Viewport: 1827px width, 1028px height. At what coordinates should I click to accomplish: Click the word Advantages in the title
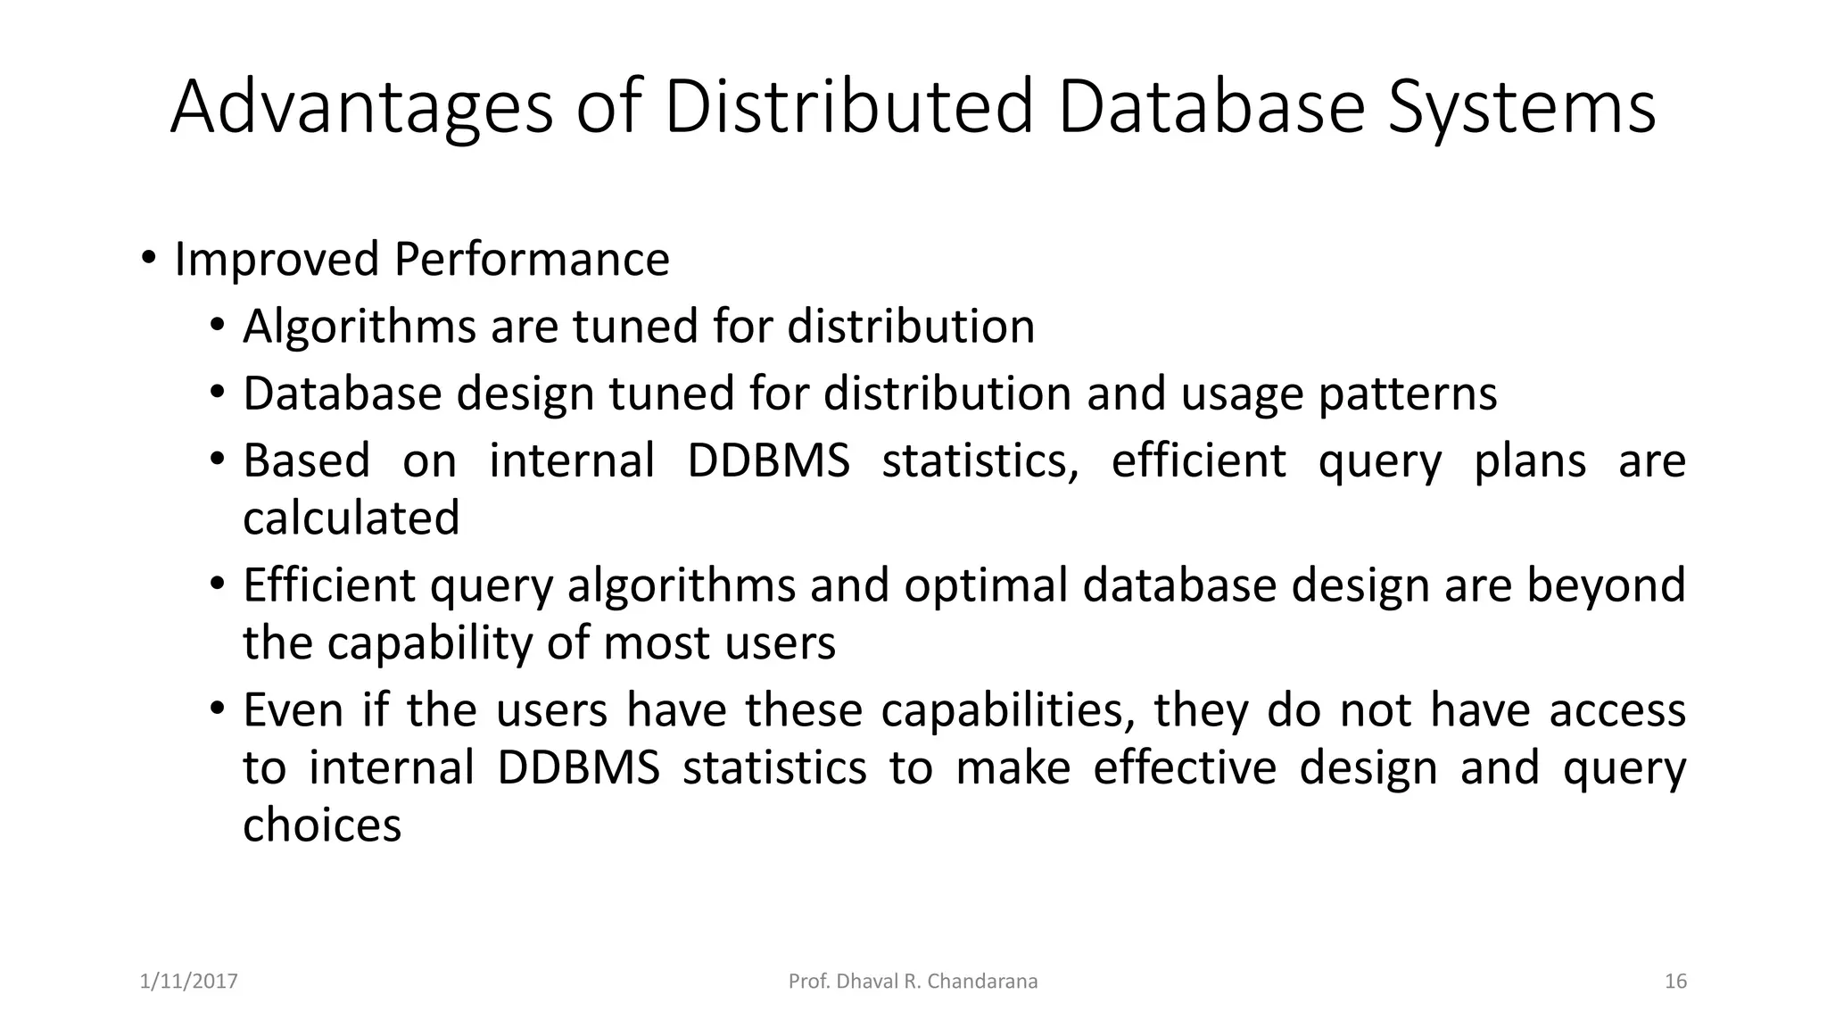click(361, 107)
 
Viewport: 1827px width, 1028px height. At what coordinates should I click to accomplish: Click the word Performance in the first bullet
click(531, 260)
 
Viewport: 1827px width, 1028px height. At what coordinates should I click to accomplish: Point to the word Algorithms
click(359, 327)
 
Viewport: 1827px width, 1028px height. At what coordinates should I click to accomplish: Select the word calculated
click(351, 518)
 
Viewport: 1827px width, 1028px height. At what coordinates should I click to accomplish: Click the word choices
click(322, 825)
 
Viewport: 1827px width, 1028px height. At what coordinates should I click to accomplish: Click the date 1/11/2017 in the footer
click(189, 982)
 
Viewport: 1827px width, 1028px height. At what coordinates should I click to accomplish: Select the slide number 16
click(1675, 982)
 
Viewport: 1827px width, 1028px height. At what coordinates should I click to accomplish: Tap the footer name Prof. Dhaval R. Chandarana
click(913, 982)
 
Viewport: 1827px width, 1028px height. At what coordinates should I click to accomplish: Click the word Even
click(293, 711)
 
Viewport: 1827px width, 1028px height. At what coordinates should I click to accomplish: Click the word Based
click(306, 461)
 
